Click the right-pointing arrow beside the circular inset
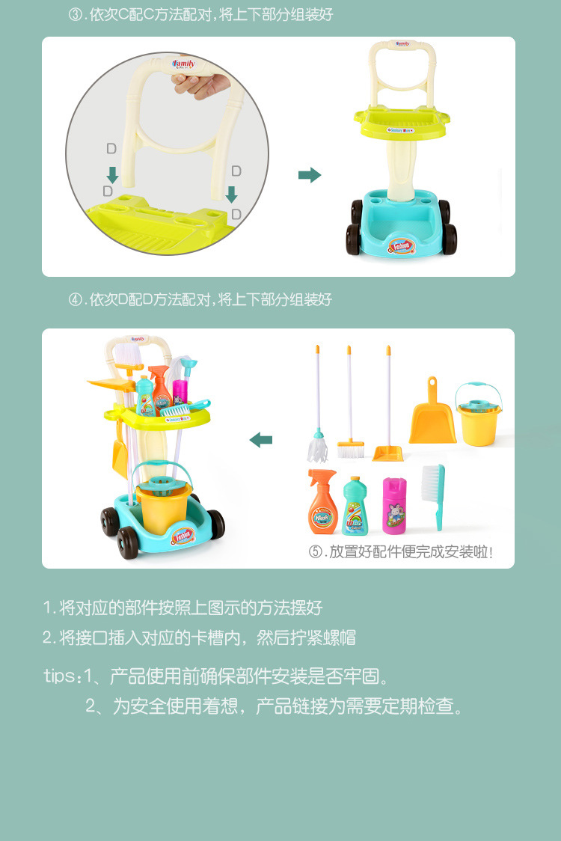tap(309, 175)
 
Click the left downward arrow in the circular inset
tap(112, 175)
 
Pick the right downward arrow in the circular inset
tap(232, 195)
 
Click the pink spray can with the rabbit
tap(394, 505)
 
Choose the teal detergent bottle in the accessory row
tap(355, 507)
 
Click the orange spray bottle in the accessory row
tap(323, 503)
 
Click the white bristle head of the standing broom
tap(350, 450)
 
